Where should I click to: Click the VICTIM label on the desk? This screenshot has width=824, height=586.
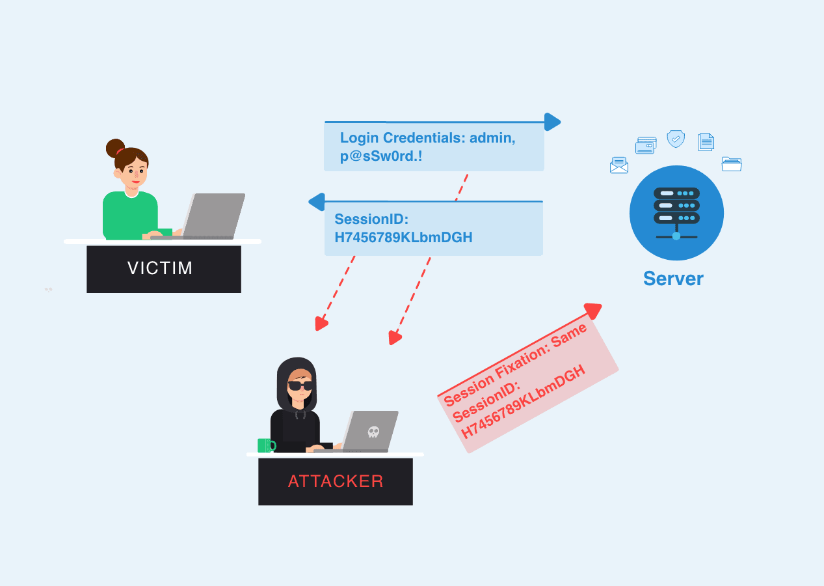click(x=160, y=268)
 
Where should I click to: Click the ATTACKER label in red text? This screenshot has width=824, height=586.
click(x=336, y=481)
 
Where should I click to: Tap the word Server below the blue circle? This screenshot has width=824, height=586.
click(x=673, y=279)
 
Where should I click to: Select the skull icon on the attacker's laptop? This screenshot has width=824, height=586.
click(x=373, y=431)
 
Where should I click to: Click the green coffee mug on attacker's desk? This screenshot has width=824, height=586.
click(x=265, y=445)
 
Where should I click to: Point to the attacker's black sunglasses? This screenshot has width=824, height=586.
click(x=300, y=385)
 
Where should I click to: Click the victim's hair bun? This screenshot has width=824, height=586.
click(x=115, y=148)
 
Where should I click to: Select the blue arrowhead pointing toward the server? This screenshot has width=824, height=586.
click(x=552, y=122)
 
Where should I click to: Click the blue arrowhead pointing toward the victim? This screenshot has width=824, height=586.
click(x=317, y=201)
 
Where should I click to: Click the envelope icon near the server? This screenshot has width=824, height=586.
click(x=619, y=165)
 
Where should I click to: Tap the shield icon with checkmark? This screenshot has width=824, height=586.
click(x=676, y=139)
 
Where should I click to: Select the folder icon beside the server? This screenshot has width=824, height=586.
click(x=732, y=164)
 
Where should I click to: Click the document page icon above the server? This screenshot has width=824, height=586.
click(x=706, y=142)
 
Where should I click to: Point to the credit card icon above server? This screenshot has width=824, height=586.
click(x=646, y=145)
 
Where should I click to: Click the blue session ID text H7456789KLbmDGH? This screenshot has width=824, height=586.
click(x=403, y=238)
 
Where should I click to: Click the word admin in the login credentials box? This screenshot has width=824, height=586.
click(x=492, y=138)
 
